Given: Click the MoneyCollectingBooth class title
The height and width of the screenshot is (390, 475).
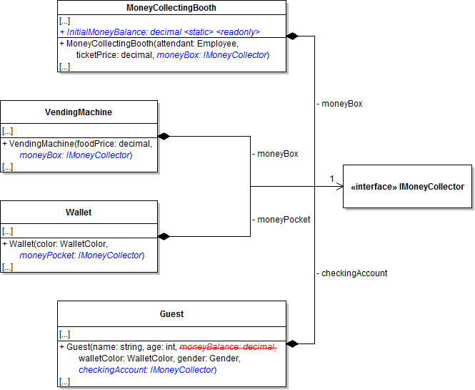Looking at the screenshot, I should [x=171, y=8].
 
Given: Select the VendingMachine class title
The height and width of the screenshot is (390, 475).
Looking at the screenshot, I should [x=79, y=112].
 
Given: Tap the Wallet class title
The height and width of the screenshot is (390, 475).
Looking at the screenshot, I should [x=79, y=213].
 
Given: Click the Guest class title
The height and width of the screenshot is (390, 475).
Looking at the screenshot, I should [x=171, y=313].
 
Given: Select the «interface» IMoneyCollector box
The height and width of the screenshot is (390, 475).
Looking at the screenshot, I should [x=407, y=187].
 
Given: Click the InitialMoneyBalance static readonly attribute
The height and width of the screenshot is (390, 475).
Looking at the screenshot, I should [x=159, y=32].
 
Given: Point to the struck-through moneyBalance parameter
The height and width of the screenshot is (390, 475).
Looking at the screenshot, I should [x=228, y=347].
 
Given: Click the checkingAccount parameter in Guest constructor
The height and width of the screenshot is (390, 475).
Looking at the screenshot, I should [x=146, y=370].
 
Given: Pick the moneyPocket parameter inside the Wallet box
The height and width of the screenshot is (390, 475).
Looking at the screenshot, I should [x=81, y=255].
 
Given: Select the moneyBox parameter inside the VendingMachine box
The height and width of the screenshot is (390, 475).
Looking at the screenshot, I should [x=75, y=155].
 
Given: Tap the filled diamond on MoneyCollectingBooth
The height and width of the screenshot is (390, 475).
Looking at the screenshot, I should [x=291, y=36].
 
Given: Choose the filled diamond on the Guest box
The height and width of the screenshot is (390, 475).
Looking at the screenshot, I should [x=291, y=343].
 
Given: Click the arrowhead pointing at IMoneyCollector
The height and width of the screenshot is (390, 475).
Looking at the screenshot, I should [x=340, y=187].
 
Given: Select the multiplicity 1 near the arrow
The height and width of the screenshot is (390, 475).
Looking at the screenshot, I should [x=332, y=178].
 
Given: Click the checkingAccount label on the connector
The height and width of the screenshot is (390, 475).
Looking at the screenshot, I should [x=353, y=273].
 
